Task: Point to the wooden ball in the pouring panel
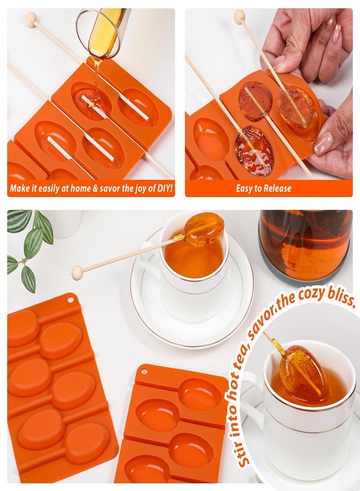click(x=31, y=19)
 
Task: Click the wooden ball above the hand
click(x=239, y=16)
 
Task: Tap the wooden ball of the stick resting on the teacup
click(x=77, y=272)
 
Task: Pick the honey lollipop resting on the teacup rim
click(x=203, y=230)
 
